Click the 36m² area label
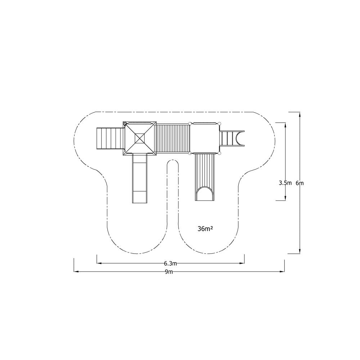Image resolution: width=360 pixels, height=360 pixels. (205, 229)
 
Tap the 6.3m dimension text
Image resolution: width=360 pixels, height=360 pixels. (170, 263)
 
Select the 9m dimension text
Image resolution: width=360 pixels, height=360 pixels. (169, 272)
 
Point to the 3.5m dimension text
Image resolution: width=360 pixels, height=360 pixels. (285, 183)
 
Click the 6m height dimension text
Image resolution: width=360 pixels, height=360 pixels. (300, 183)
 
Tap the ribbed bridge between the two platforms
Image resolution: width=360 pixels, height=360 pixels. (173, 139)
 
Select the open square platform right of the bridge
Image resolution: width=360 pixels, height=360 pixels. (204, 138)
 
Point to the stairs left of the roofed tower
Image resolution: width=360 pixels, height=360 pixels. (109, 139)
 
